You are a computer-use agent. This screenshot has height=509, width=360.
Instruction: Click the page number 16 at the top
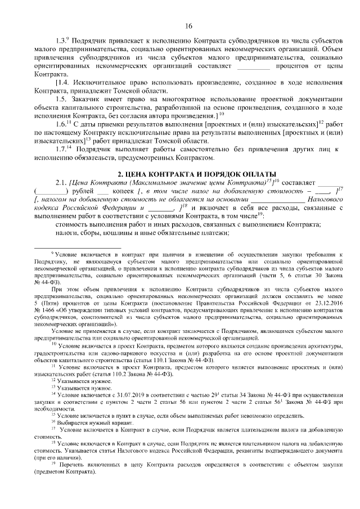(x=188, y=25)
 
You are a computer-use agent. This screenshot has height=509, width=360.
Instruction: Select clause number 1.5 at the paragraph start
(x=61, y=99)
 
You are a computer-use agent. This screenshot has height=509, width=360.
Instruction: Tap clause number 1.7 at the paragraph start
(x=61, y=149)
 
